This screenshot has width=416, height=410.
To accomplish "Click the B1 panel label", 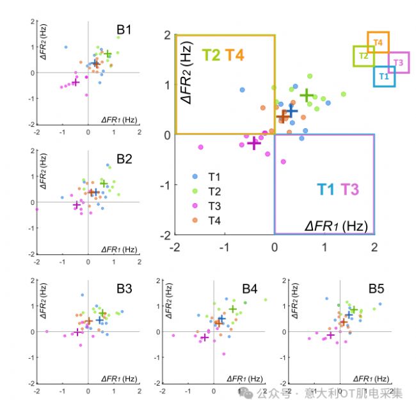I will pyautogui.click(x=124, y=29).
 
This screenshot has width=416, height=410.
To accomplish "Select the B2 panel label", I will pyautogui.click(x=124, y=159).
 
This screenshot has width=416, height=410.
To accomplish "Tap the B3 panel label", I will pyautogui.click(x=124, y=289).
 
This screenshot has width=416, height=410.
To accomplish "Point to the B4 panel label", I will pyautogui.click(x=250, y=289).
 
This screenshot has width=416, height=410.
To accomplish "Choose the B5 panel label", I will pyautogui.click(x=376, y=289).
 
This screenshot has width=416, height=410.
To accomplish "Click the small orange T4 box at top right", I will pyautogui.click(x=378, y=43).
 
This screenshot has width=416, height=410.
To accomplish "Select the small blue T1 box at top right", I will pyautogui.click(x=384, y=76).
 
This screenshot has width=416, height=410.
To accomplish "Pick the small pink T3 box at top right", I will pyautogui.click(x=398, y=62).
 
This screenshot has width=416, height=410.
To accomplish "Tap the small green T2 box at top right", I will pyautogui.click(x=364, y=56).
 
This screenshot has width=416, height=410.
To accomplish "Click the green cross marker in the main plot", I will pyautogui.click(x=307, y=95).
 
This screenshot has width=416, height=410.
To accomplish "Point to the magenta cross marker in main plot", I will pyautogui.click(x=254, y=143).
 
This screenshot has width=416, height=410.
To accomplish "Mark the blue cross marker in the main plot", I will pyautogui.click(x=291, y=111).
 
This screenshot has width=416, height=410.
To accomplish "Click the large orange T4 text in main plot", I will pyautogui.click(x=234, y=55).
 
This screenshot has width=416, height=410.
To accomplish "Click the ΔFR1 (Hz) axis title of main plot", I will pyautogui.click(x=336, y=225).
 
